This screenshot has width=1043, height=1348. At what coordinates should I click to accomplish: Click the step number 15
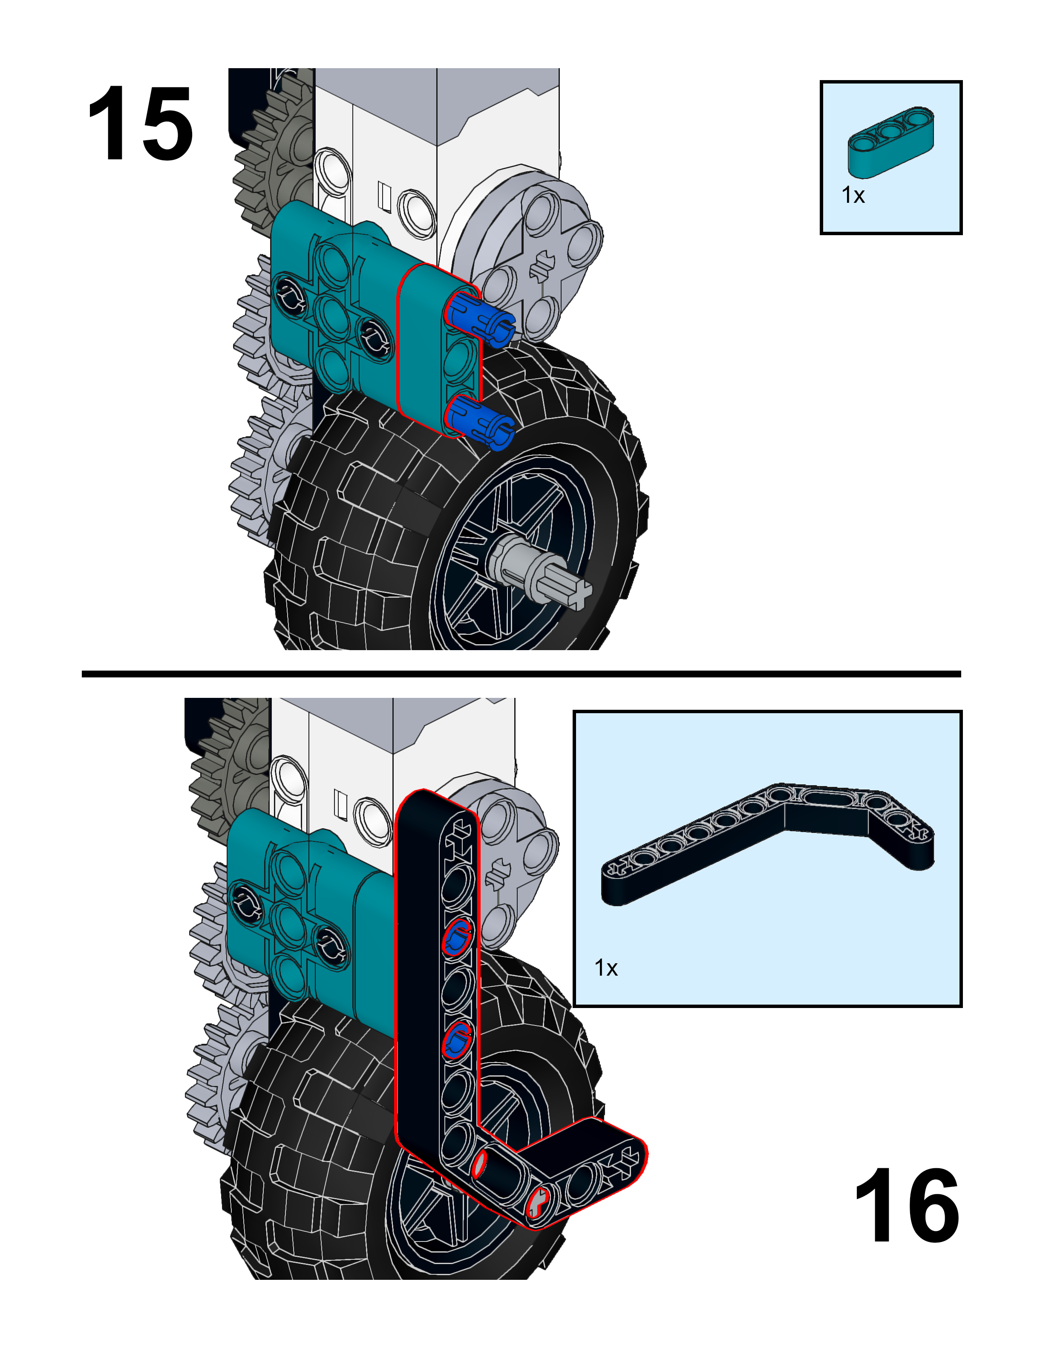[x=141, y=124]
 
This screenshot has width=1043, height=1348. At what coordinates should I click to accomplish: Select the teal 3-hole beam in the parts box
[x=890, y=141]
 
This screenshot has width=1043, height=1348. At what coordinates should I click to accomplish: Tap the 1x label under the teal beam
[x=853, y=195]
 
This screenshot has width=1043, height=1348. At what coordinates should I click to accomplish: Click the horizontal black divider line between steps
[x=521, y=674]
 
